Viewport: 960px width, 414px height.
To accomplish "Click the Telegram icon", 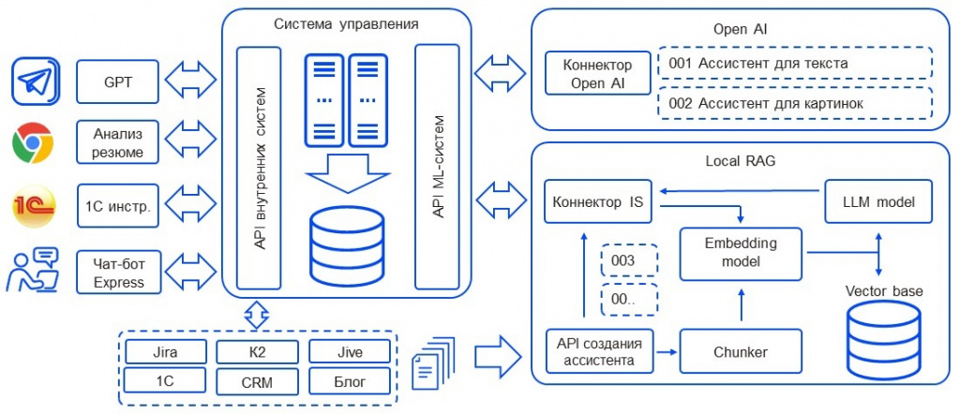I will click(x=37, y=82).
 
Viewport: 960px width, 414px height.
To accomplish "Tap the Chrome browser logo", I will click(x=33, y=144).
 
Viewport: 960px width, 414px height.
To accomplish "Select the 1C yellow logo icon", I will click(x=33, y=206).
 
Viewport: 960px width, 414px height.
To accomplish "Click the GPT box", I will click(x=118, y=82).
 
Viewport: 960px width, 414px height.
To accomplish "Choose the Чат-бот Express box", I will click(x=118, y=271).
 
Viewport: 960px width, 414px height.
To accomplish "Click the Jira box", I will click(x=164, y=353).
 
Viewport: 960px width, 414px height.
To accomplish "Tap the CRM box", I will click(x=256, y=381).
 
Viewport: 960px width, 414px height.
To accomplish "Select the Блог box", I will click(x=349, y=381).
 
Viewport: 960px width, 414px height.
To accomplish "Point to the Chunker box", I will click(x=742, y=352).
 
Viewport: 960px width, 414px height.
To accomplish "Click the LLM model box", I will click(x=878, y=201).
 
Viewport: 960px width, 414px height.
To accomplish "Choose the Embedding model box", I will click(x=741, y=253).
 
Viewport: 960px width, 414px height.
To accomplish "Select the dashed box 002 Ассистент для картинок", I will click(x=795, y=103).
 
